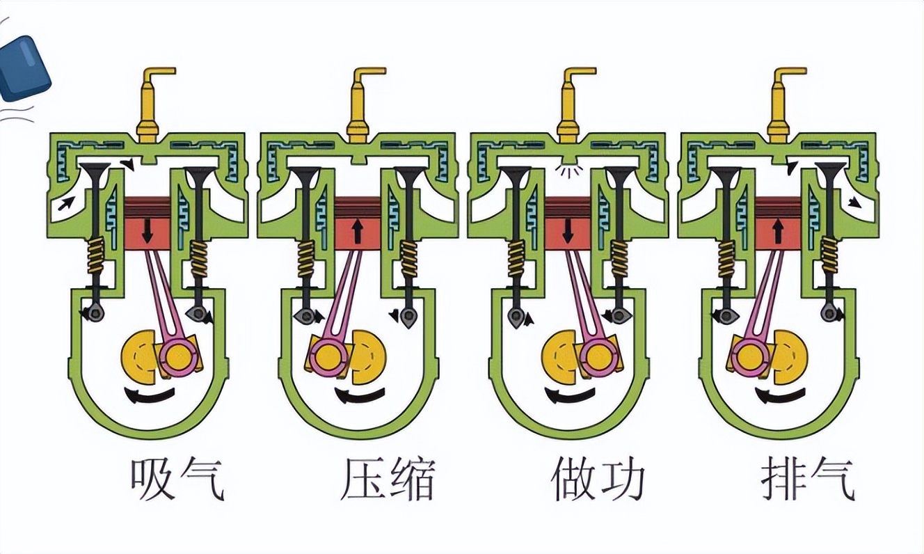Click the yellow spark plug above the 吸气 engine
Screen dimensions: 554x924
pos(149,104)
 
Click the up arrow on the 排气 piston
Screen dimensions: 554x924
pos(778,230)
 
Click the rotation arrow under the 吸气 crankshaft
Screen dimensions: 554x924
pos(149,396)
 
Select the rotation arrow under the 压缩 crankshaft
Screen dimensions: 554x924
pos(359,396)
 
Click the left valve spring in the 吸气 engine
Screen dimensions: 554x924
pos(95,255)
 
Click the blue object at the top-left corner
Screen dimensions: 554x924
pos(25,68)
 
